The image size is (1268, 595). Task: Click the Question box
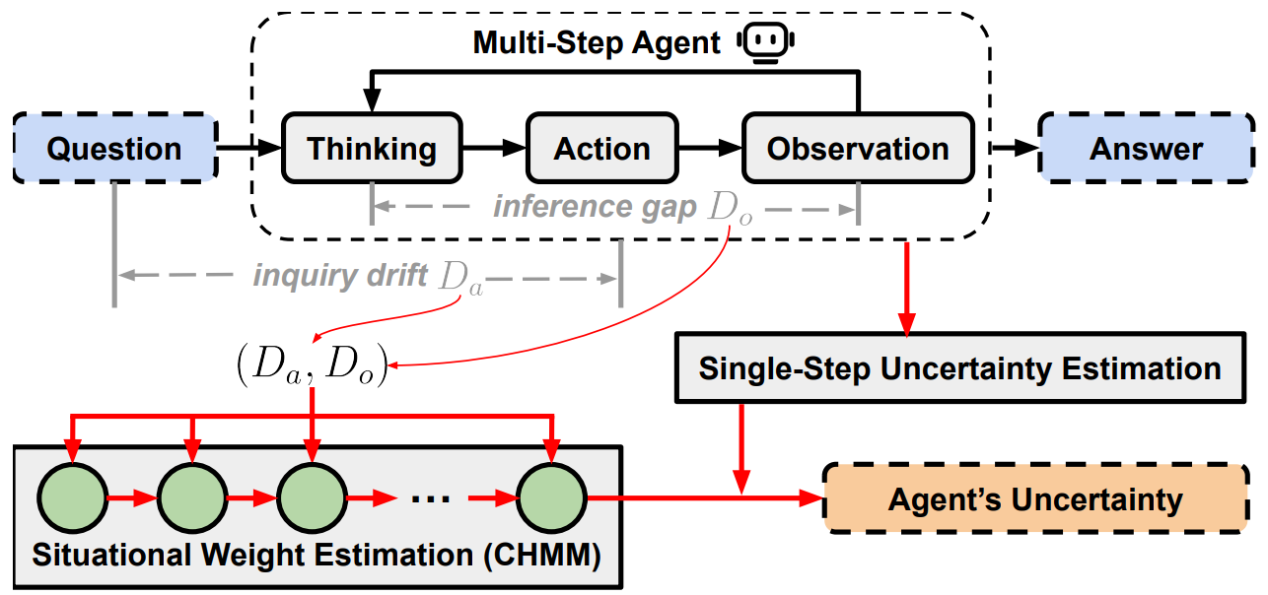tap(114, 149)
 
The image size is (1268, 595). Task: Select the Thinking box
tap(372, 149)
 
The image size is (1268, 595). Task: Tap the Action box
tap(601, 149)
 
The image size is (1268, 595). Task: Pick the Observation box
tap(858, 149)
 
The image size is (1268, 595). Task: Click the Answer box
tap(1146, 149)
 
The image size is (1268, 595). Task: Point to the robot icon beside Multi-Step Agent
tap(769, 42)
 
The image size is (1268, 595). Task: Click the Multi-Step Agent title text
tap(597, 43)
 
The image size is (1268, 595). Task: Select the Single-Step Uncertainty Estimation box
tap(959, 369)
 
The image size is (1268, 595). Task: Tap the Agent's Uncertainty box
tap(1034, 499)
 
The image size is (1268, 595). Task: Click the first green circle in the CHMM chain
tap(73, 498)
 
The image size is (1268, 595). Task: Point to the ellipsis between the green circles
tap(430, 498)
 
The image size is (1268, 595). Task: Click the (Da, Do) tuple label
tap(312, 366)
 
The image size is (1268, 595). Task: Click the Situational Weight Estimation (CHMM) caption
tap(317, 555)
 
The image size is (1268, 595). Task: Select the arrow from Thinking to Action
tap(493, 149)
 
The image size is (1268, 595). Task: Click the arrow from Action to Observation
tap(709, 149)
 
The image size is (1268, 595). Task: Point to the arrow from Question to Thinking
tap(248, 149)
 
